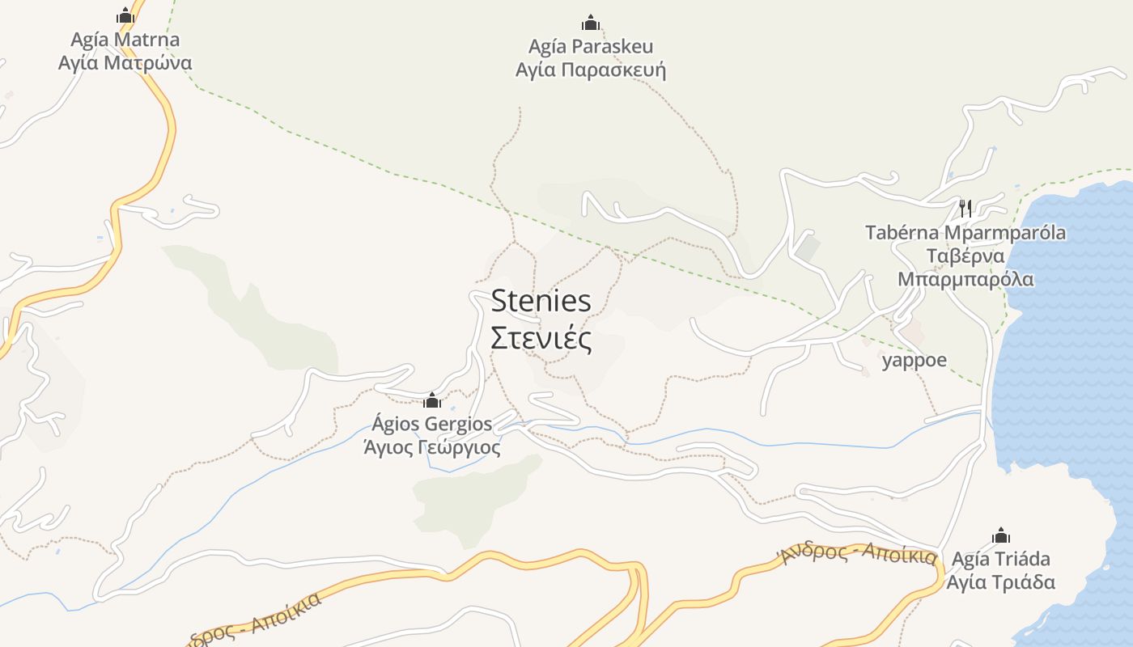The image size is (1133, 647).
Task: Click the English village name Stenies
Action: [x=541, y=302]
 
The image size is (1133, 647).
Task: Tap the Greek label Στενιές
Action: [x=541, y=338]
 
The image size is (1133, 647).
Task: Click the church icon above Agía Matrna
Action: [x=125, y=15]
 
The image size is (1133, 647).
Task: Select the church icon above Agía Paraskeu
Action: [x=591, y=22]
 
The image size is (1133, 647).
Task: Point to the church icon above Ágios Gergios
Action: [x=432, y=400]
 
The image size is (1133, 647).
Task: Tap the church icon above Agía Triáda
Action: [x=1001, y=535]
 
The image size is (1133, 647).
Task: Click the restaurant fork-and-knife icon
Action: [x=965, y=209]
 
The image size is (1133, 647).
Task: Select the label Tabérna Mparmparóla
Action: [x=965, y=233]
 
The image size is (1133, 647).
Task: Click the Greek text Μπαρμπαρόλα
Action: [x=965, y=280]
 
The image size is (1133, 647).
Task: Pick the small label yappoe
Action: [x=914, y=360]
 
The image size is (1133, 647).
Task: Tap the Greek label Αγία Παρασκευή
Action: [x=591, y=70]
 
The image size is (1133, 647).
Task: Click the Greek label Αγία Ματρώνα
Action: [x=125, y=62]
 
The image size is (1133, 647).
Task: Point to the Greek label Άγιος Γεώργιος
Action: [x=432, y=446]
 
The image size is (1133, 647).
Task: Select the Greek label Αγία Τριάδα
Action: [x=1001, y=582]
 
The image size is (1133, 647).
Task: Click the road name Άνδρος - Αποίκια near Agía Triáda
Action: [x=858, y=553]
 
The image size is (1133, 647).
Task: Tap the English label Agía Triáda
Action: [x=1001, y=559]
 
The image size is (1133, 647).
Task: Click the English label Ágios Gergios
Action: [x=432, y=424]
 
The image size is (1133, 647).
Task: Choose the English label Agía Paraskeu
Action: [x=591, y=46]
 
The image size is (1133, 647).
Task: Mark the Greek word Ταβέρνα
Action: [x=965, y=256]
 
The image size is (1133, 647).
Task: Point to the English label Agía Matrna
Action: [x=125, y=39]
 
